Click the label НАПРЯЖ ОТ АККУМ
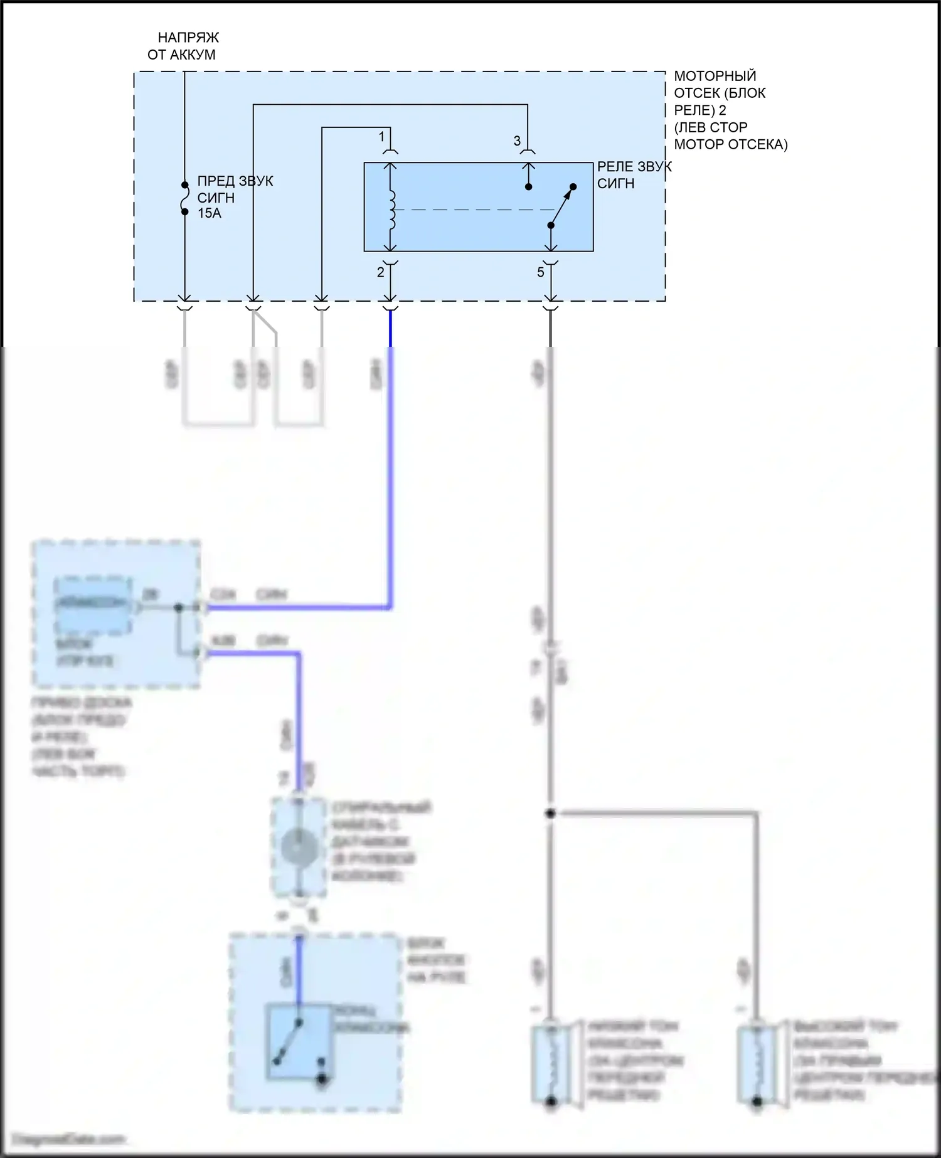click(x=183, y=46)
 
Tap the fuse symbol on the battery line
click(x=184, y=199)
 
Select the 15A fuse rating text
click(x=210, y=213)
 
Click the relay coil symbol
click(x=392, y=210)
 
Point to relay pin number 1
click(x=381, y=137)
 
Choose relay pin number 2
click(x=380, y=272)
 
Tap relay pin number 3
click(x=517, y=141)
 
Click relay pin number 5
click(x=540, y=272)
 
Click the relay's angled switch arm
click(x=562, y=206)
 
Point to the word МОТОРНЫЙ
click(x=715, y=76)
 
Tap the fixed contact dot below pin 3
click(x=529, y=187)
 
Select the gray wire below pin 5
click(x=550, y=502)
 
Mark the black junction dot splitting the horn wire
click(x=550, y=814)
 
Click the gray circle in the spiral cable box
click(x=299, y=847)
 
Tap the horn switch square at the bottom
click(x=299, y=1042)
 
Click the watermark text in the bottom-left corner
click(x=69, y=1139)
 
